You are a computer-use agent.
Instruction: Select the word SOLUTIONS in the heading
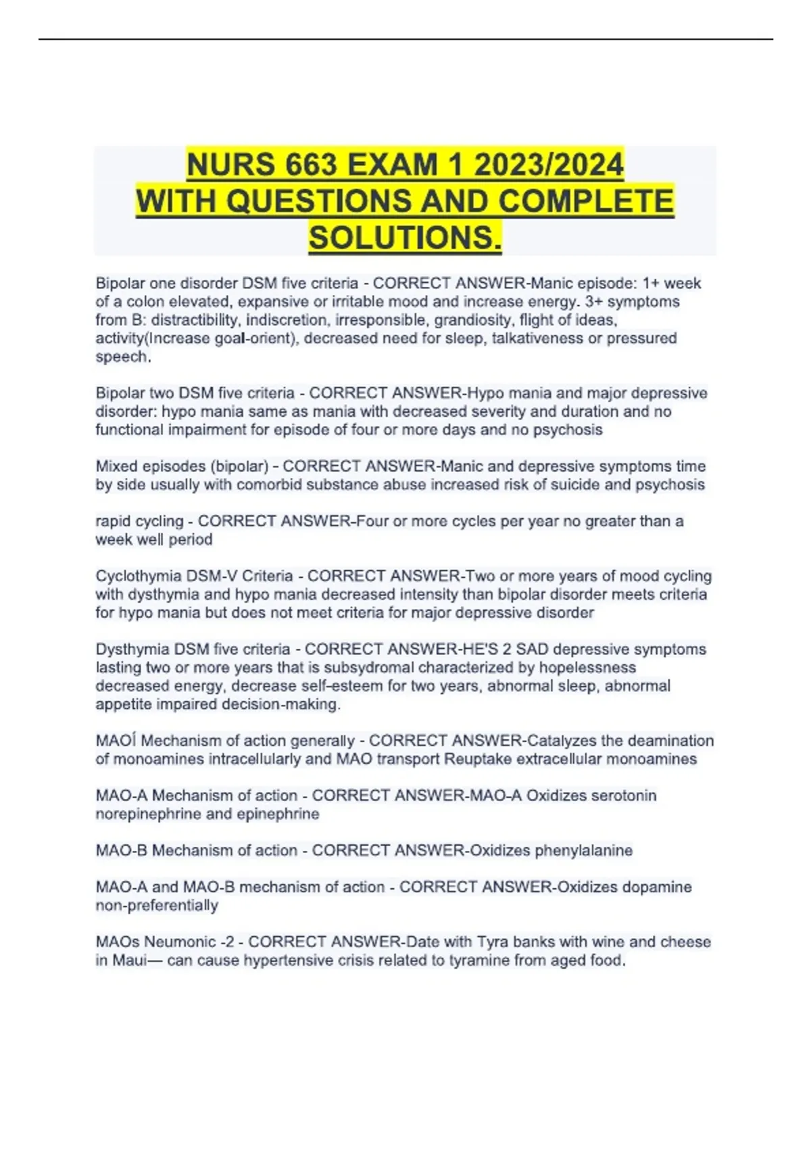point(405,237)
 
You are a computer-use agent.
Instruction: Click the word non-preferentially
point(157,906)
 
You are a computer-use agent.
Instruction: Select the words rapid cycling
point(139,522)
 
